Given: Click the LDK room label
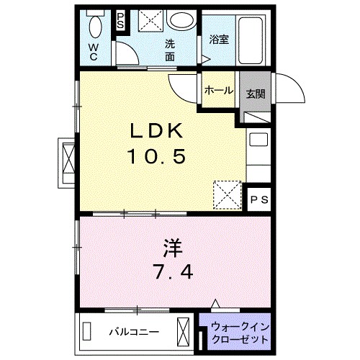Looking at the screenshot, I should pos(158,131).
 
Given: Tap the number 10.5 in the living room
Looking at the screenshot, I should pos(158,155).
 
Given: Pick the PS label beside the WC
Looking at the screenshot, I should pos(120,21).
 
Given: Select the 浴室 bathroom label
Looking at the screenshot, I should pos(219,40).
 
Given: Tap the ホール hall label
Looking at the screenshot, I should pos(218,90).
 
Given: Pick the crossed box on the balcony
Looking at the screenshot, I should pos(184,332).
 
